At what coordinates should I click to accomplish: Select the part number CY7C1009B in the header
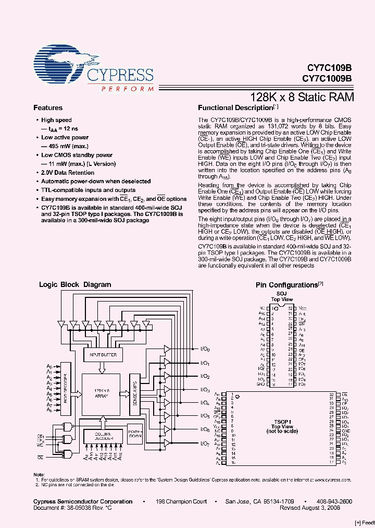pyautogui.click(x=327, y=79)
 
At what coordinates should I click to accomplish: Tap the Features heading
pyautogui.click(x=48, y=108)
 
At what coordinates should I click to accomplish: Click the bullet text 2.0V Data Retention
pyautogui.click(x=68, y=173)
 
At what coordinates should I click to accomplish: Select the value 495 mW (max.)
pyautogui.click(x=66, y=146)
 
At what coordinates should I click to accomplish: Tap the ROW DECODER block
pyautogui.click(x=66, y=387)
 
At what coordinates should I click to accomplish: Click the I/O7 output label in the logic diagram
pyautogui.click(x=205, y=443)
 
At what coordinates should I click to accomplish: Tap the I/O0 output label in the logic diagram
pyautogui.click(x=205, y=349)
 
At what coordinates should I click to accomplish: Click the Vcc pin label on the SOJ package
pyautogui.click(x=303, y=309)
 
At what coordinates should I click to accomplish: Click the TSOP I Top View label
pyautogui.click(x=282, y=426)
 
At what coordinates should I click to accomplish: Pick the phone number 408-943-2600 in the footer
pyautogui.click(x=334, y=501)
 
